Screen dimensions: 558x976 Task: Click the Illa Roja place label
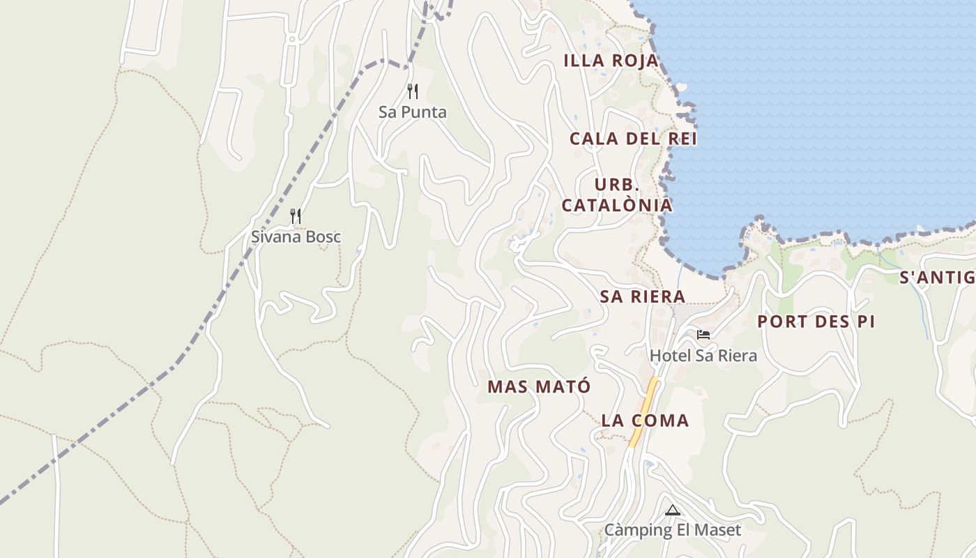click(x=611, y=61)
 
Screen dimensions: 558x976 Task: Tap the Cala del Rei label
click(x=633, y=139)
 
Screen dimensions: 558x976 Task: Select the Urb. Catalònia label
click(x=617, y=195)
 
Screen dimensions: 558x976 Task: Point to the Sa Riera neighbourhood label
click(x=643, y=296)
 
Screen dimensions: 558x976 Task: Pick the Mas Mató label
click(x=539, y=386)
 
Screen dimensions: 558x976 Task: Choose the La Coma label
click(x=645, y=421)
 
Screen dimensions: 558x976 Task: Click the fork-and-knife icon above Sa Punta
click(x=413, y=91)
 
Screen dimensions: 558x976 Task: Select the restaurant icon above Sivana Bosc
click(x=296, y=216)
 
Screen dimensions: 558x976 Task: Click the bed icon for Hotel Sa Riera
click(x=703, y=335)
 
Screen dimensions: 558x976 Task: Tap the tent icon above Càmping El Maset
click(x=672, y=510)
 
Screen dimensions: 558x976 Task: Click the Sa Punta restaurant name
click(x=413, y=112)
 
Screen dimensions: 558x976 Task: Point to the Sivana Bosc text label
click(x=296, y=236)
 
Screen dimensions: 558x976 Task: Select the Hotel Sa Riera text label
click(x=703, y=356)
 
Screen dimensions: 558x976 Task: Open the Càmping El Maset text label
click(x=673, y=530)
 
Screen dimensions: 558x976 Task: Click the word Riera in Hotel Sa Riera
click(x=735, y=356)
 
